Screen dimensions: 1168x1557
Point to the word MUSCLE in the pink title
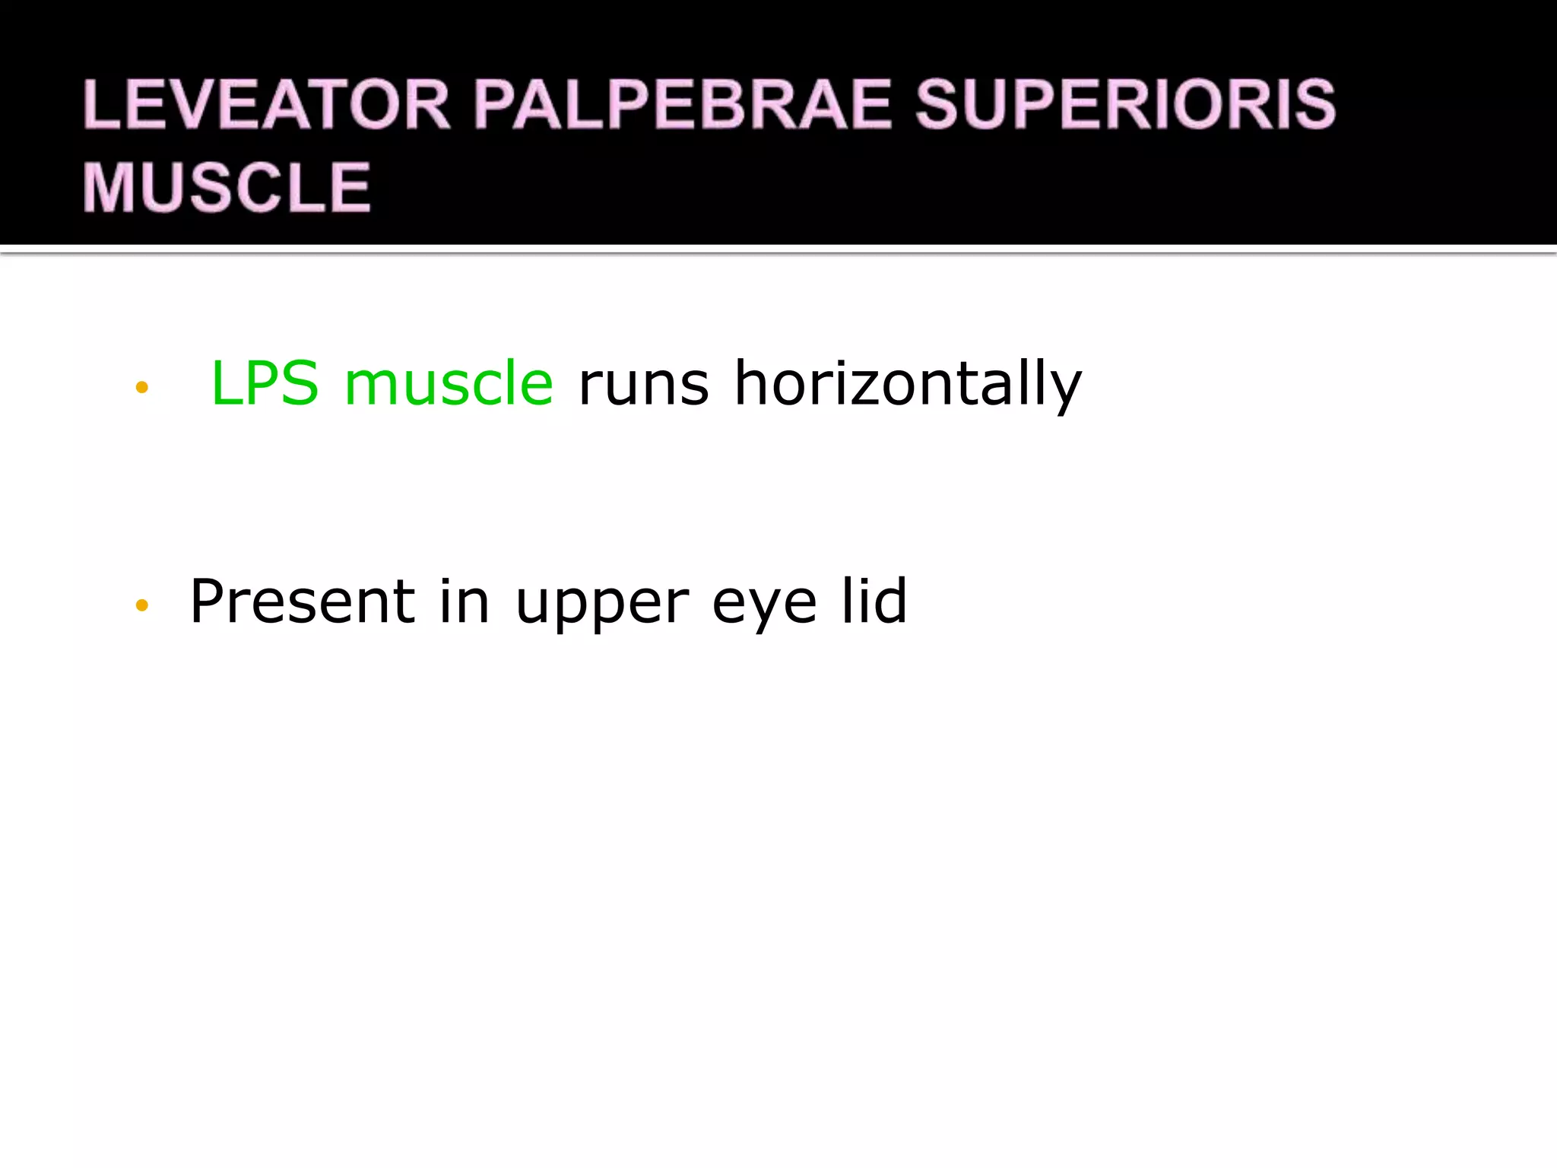[227, 187]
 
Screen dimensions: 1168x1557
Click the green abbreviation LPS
[265, 383]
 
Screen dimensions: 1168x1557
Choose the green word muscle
[449, 383]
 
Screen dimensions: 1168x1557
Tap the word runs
[643, 385]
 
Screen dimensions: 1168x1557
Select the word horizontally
[907, 385]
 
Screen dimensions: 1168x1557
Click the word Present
[302, 601]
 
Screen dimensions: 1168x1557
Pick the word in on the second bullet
[464, 601]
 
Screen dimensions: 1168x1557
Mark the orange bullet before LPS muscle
[141, 388]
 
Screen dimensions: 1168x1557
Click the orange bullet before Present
[141, 605]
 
